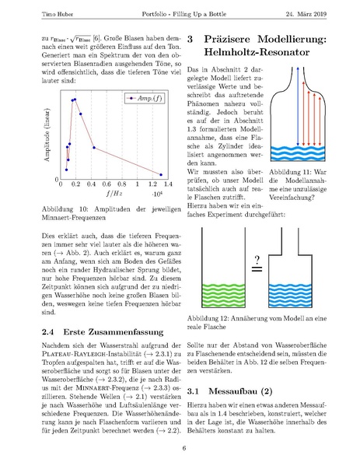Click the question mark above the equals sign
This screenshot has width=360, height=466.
pyautogui.click(x=254, y=258)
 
